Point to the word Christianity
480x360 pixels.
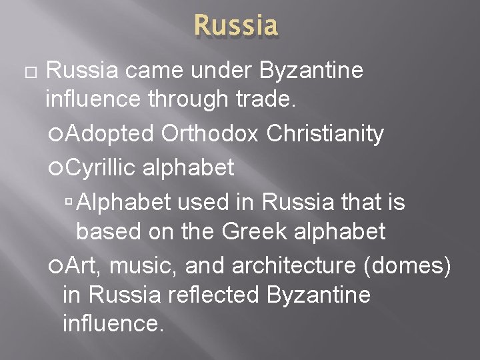(x=325, y=134)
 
